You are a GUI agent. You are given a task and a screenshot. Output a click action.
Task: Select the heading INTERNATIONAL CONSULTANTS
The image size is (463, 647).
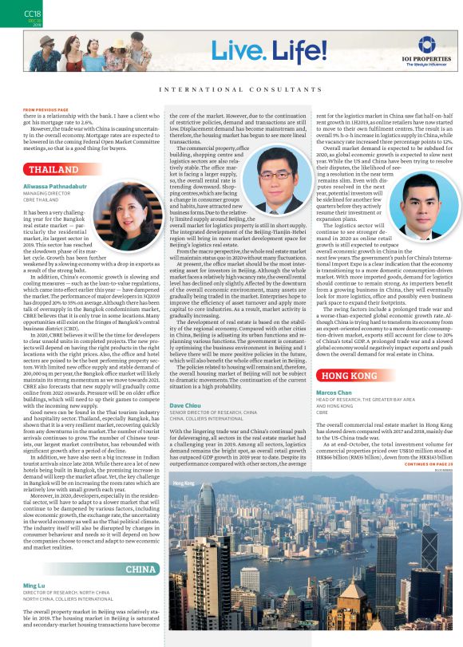pyautogui.click(x=231, y=89)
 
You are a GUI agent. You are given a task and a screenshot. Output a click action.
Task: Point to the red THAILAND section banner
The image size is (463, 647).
pyautogui.click(x=53, y=170)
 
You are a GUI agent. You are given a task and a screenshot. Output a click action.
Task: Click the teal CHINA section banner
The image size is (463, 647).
pyautogui.click(x=140, y=570)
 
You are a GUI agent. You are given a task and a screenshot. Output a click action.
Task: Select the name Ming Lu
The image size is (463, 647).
pyautogui.click(x=34, y=586)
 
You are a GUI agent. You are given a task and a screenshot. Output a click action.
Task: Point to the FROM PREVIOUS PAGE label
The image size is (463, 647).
pyautogui.click(x=46, y=108)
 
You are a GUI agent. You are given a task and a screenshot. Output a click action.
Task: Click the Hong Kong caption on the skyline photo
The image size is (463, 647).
pyautogui.click(x=183, y=461)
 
